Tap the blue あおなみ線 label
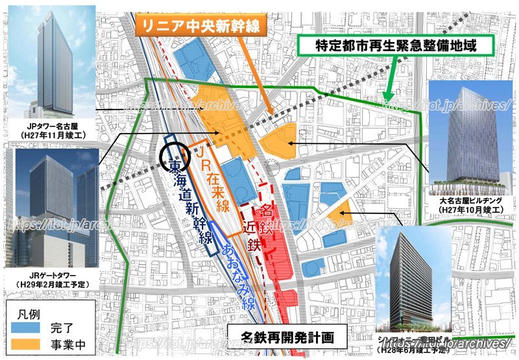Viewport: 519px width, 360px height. pyautogui.click(x=230, y=267)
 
